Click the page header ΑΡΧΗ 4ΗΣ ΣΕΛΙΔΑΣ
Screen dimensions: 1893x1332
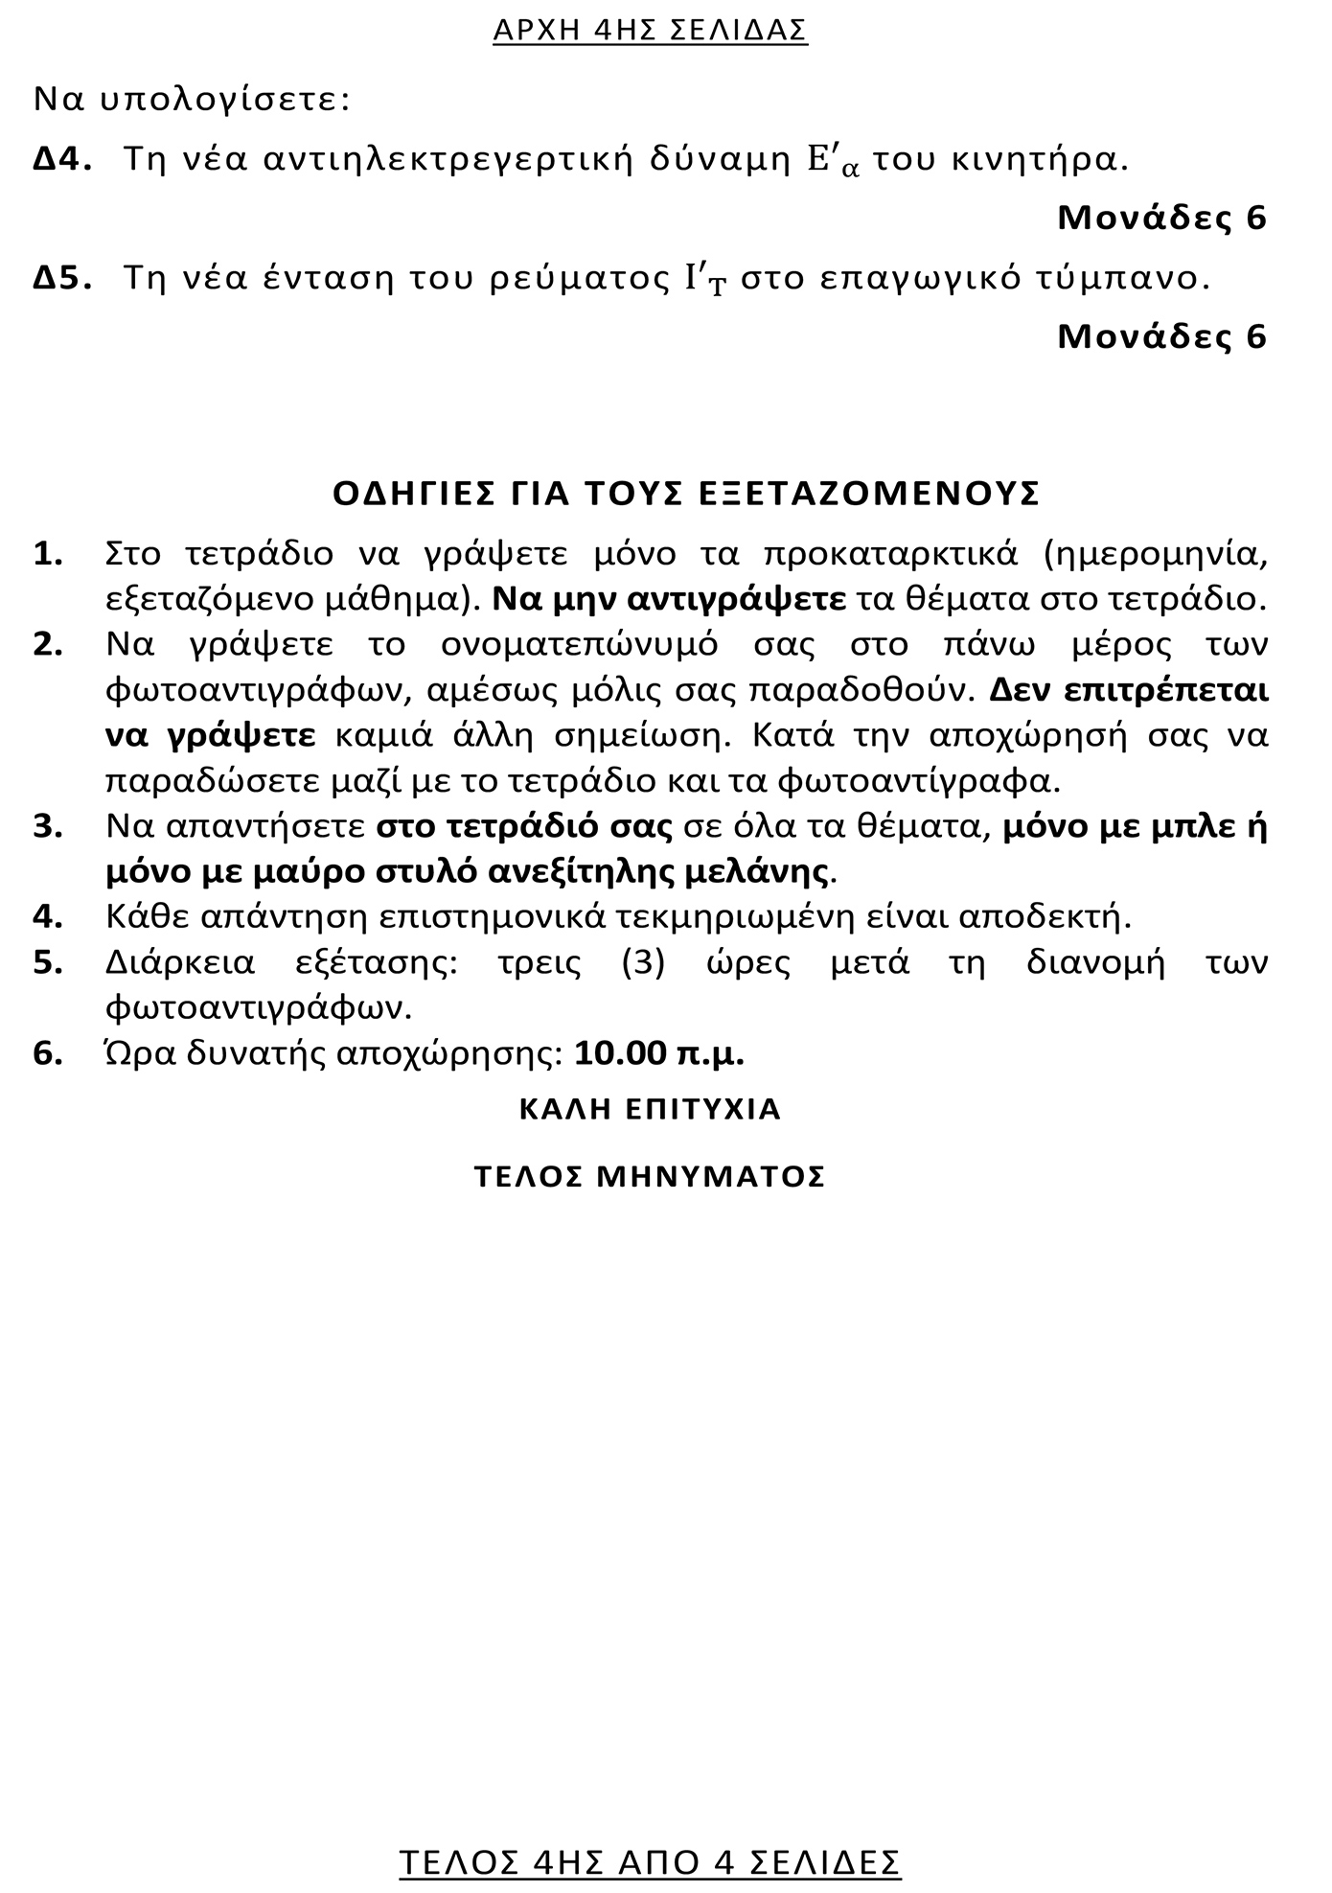click(650, 31)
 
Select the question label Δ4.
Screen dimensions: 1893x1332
click(62, 160)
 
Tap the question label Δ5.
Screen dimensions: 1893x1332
click(62, 279)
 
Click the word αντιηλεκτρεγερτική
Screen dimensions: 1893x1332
click(448, 160)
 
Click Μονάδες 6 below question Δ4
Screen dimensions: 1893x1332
click(1161, 219)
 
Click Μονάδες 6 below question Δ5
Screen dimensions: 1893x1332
click(1161, 336)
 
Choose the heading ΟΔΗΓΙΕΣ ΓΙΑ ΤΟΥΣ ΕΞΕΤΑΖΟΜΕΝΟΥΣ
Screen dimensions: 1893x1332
click(686, 494)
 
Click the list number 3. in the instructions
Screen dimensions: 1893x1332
click(48, 827)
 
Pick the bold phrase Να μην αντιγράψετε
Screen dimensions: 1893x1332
click(669, 599)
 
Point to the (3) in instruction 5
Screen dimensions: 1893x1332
click(643, 962)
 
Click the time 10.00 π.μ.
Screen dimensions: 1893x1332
click(659, 1053)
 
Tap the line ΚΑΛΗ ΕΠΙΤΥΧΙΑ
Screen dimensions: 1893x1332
click(650, 1109)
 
